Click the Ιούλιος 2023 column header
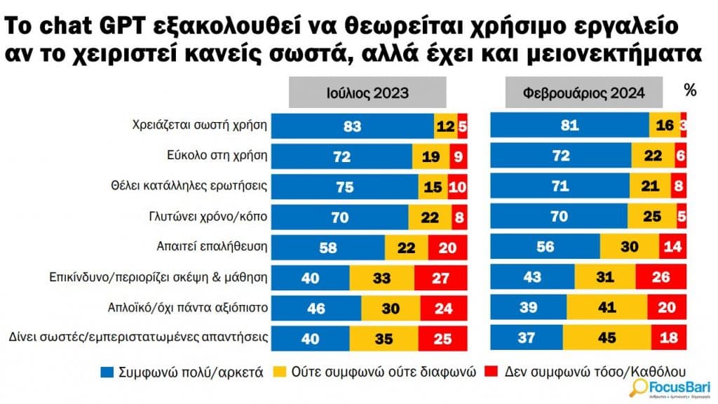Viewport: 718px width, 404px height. point(368,93)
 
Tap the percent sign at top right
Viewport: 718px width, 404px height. point(690,90)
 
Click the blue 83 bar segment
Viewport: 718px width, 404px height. point(353,126)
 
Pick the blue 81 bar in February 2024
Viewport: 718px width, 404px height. point(569,126)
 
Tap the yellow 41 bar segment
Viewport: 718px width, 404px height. point(607,307)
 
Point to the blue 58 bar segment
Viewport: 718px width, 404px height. point(328,247)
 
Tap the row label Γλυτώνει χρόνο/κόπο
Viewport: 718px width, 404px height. point(219,217)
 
